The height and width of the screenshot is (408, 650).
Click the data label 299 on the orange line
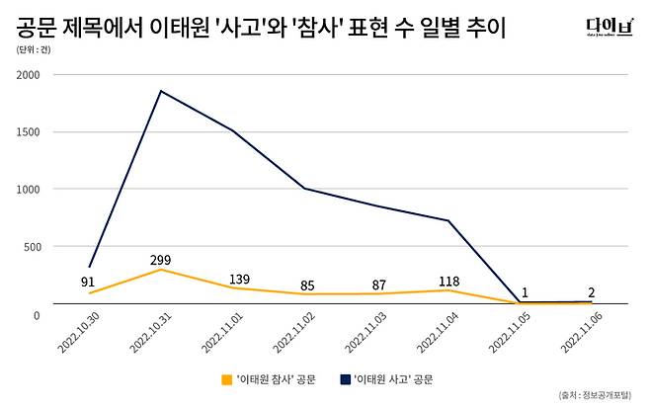160,261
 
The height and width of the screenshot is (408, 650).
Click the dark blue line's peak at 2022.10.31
161,91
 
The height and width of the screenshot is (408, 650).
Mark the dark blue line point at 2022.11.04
448,220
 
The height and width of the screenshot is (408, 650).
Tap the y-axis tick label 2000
29,75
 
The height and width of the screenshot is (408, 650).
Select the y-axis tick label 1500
29,132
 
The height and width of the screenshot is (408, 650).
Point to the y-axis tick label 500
32,247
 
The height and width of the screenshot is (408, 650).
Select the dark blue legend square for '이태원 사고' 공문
345,378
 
